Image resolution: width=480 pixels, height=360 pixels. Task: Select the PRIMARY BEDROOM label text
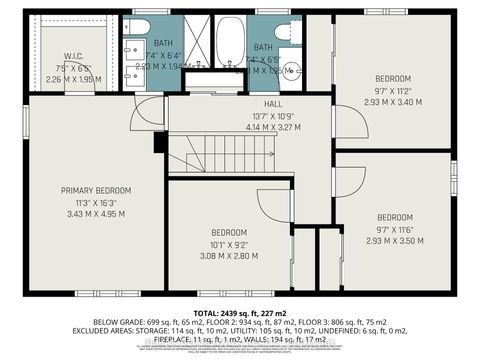(x=96, y=190)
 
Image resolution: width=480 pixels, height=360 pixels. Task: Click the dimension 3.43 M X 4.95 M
(x=96, y=213)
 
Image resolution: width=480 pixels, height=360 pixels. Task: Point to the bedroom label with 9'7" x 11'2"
(x=392, y=78)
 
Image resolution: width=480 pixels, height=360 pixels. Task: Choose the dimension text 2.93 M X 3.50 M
(x=394, y=241)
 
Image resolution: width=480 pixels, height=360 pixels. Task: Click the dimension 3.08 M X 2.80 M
(x=229, y=256)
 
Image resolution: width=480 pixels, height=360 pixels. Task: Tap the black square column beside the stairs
(x=160, y=143)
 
